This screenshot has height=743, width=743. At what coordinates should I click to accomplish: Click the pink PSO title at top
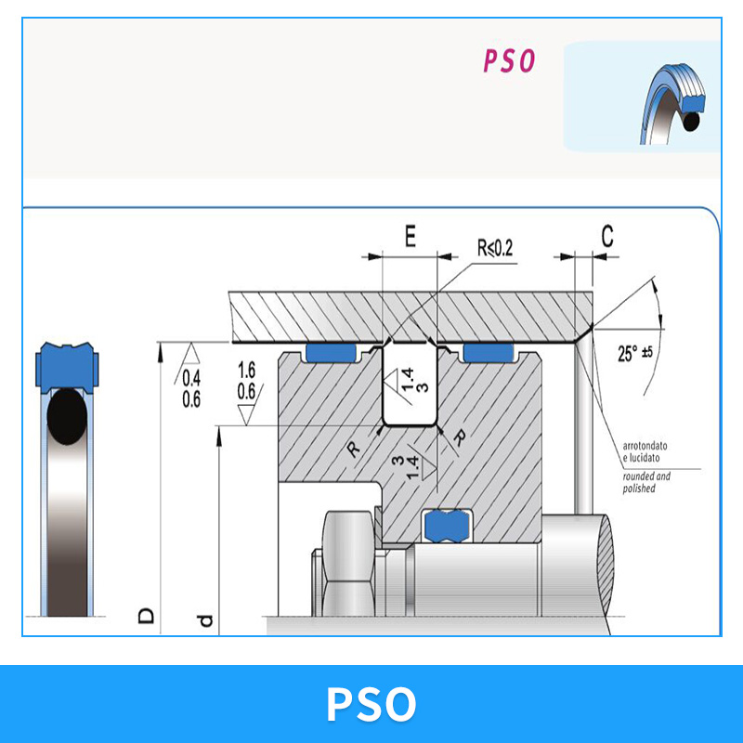509,60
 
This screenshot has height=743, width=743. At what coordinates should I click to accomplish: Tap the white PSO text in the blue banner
371,704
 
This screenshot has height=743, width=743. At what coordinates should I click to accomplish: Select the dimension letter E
411,237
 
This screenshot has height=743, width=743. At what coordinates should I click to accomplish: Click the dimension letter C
607,236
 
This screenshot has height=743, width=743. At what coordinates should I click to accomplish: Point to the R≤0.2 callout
495,248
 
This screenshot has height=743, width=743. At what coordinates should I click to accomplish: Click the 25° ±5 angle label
635,353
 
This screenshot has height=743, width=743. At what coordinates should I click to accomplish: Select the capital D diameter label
146,616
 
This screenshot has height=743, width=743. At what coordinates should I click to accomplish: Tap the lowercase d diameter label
205,620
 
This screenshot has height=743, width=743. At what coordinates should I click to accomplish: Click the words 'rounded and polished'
646,482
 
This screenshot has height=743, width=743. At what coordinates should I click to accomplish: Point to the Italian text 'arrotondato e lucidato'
645,451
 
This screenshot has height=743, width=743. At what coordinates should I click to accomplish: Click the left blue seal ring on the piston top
331,353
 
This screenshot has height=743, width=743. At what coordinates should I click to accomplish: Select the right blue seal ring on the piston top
489,353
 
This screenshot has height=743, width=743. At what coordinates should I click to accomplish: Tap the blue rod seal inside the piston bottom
447,526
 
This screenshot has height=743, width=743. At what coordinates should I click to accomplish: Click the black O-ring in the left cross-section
67,416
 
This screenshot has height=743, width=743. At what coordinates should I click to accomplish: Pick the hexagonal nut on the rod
348,564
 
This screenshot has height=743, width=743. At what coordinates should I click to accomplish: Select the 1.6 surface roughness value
246,370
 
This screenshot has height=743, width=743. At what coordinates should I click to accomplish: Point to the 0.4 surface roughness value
191,378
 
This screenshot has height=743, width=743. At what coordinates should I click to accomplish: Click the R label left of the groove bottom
354,449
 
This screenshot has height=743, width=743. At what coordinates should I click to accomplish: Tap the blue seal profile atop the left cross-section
67,366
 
